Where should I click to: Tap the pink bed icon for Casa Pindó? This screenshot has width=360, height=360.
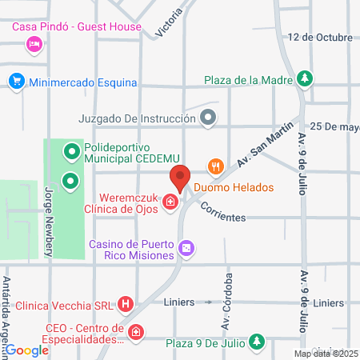pos(34,45)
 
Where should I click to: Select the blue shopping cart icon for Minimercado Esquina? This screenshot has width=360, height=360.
pos(16,82)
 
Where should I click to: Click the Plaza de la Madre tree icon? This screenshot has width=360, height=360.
pos(304,78)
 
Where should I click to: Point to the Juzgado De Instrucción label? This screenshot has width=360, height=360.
pos(137,119)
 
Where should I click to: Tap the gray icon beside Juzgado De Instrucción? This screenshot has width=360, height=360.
pos(209,119)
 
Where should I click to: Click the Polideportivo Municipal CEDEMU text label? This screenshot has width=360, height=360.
pos(135,154)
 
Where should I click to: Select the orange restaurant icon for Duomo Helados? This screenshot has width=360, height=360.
pos(214,167)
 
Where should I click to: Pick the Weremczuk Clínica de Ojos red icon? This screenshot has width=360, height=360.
pos(170,204)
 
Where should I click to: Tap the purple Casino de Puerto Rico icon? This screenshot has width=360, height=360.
pos(186,249)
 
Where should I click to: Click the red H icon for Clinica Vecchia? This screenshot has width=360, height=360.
pos(126,304)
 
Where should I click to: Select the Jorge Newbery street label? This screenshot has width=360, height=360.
pos(49,221)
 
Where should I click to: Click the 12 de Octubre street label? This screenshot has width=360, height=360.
pos(321,38)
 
